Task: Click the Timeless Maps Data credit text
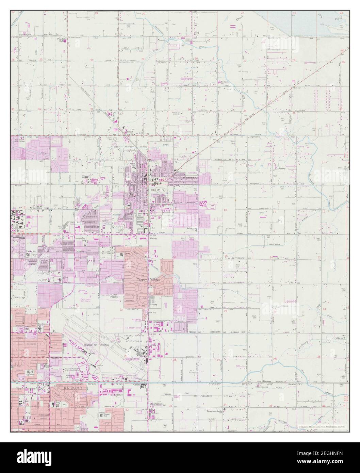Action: [322, 426]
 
